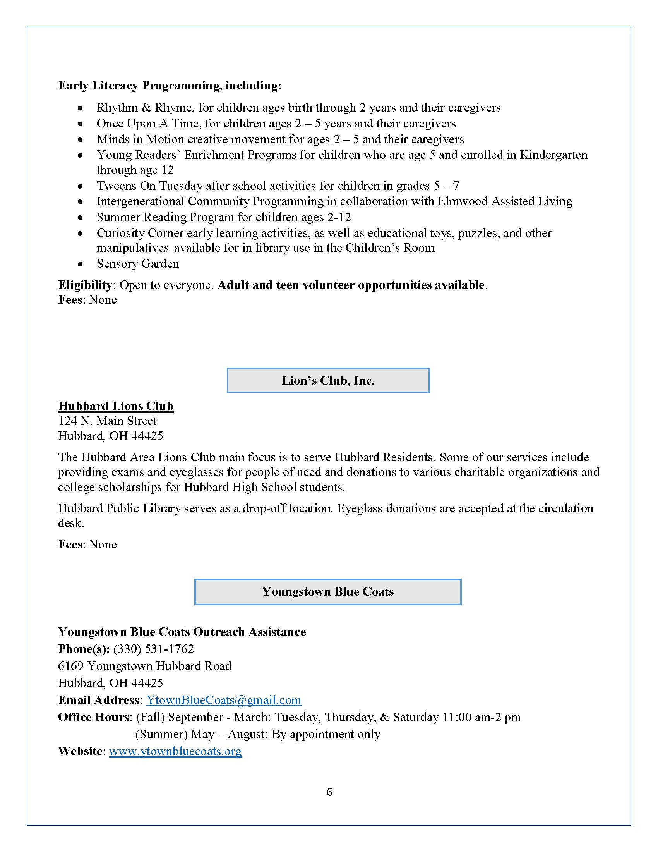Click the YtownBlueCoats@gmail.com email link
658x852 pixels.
pyautogui.click(x=223, y=700)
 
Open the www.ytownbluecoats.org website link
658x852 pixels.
pyautogui.click(x=175, y=751)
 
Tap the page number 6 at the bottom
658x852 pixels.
pyautogui.click(x=329, y=792)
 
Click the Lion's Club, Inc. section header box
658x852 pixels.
pyautogui.click(x=328, y=380)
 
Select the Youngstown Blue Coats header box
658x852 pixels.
pyautogui.click(x=328, y=592)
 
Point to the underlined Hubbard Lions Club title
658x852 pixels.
pyautogui.click(x=116, y=406)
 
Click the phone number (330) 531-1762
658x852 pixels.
pyautogui.click(x=153, y=649)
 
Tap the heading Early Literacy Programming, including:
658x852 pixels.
pyautogui.click(x=170, y=86)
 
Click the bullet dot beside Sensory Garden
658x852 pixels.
pyautogui.click(x=80, y=265)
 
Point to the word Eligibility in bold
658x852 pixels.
pyautogui.click(x=85, y=285)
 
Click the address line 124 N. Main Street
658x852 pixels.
pyautogui.click(x=107, y=421)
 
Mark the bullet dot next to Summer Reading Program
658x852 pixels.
pyautogui.click(x=80, y=218)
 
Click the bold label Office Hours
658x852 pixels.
pyautogui.click(x=94, y=717)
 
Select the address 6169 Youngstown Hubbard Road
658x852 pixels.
pyautogui.click(x=145, y=666)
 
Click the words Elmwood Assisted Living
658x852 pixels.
pyautogui.click(x=505, y=201)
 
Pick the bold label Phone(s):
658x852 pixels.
pyautogui.click(x=84, y=649)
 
